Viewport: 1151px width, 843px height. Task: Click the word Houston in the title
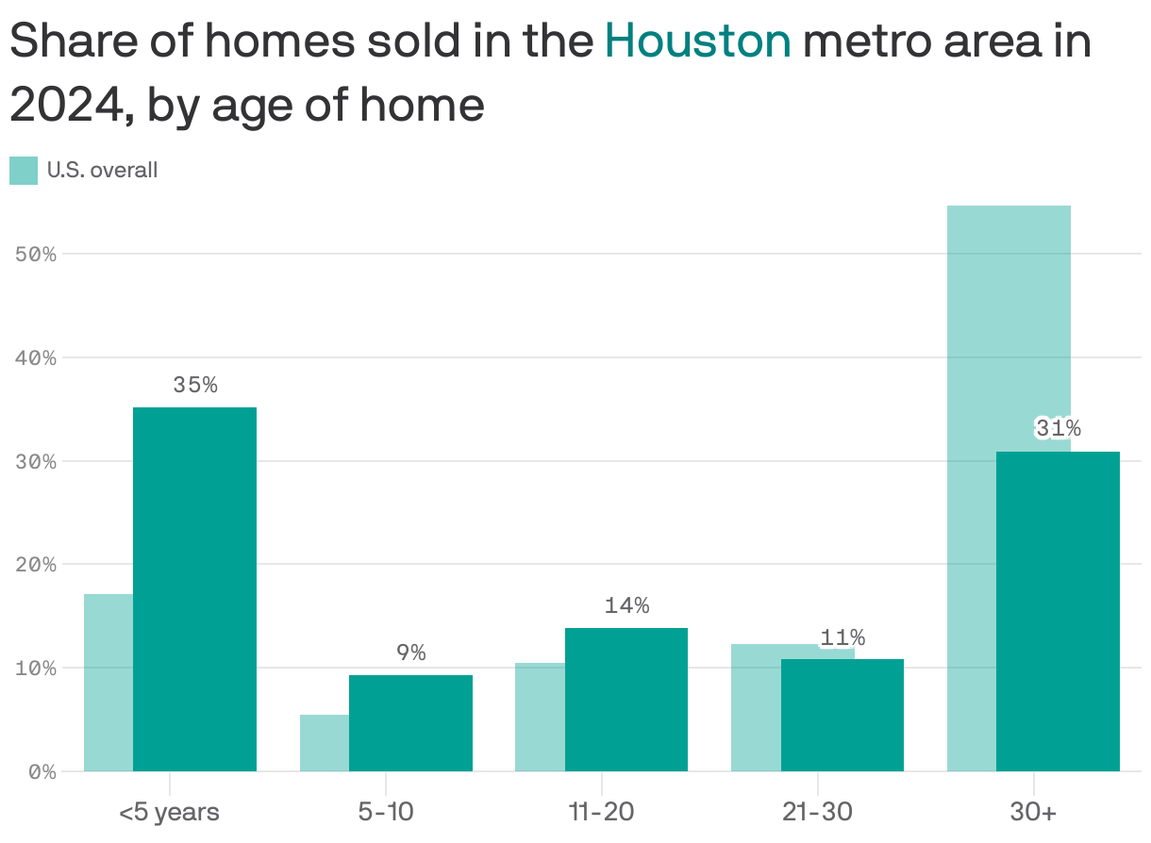[x=697, y=41]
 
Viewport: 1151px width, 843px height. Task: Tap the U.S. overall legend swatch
[x=24, y=171]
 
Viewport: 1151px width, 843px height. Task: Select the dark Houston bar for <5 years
[x=194, y=589]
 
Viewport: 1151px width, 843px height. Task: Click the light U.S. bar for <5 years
[x=108, y=683]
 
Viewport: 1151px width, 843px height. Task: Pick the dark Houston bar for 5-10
[x=410, y=723]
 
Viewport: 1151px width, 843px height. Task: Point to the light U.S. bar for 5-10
[x=325, y=743]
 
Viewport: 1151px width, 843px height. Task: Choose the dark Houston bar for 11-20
[x=626, y=700]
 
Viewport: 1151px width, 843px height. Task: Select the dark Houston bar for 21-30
[x=842, y=715]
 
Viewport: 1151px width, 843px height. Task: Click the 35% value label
[x=195, y=385]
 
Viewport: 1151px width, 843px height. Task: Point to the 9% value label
[x=410, y=653]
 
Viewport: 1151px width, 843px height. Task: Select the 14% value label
[x=626, y=605]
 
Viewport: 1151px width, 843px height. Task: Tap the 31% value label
[x=1058, y=429]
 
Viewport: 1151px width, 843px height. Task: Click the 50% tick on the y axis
[x=36, y=255]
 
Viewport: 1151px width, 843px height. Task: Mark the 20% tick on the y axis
[x=36, y=565]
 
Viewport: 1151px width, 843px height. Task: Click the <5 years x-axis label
[x=169, y=812]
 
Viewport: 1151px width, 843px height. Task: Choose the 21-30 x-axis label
[x=817, y=812]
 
